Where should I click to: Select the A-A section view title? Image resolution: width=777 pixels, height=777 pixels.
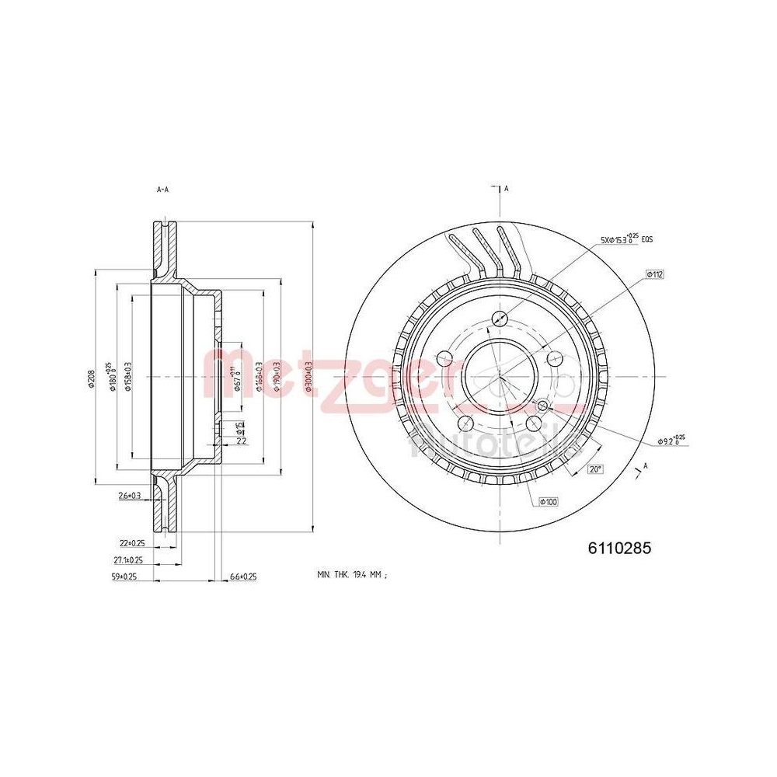162,189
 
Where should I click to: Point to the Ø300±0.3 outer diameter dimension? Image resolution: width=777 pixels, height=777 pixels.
308,378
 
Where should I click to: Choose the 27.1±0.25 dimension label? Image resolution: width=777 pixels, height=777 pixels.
127,559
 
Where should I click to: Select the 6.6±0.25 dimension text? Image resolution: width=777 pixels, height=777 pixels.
243,577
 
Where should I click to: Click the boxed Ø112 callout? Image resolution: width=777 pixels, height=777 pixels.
653,274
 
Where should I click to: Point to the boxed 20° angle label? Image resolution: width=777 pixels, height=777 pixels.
594,469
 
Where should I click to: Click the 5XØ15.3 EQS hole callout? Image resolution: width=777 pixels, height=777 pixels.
625,239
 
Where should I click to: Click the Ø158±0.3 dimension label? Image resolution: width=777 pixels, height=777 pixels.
127,378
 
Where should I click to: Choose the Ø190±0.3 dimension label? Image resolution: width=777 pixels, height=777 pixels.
277,378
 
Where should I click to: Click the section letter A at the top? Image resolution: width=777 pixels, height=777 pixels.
506,189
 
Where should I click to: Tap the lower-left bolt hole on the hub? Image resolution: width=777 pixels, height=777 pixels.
465,422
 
